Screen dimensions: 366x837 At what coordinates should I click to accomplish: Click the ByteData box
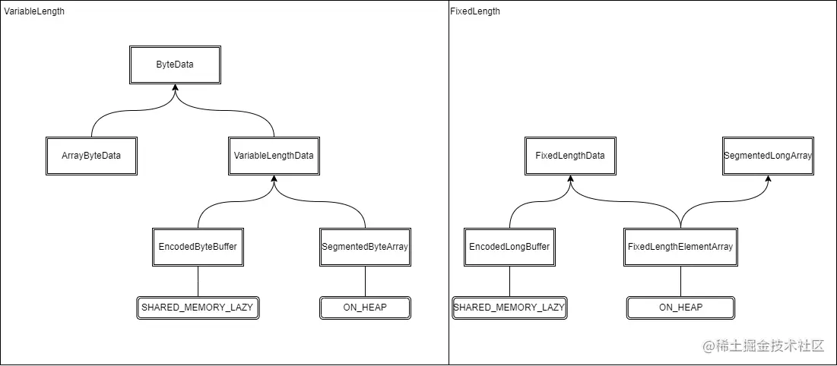click(175, 65)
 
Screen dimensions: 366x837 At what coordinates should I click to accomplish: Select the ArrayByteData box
click(91, 156)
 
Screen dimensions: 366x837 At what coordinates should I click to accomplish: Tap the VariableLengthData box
click(274, 156)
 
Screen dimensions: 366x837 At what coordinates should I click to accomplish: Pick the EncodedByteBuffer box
click(198, 247)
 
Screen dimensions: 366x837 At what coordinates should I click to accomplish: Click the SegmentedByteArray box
click(365, 247)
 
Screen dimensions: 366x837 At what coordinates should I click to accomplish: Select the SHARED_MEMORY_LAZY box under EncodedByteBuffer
click(198, 308)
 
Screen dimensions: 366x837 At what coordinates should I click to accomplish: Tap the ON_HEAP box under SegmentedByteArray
click(365, 308)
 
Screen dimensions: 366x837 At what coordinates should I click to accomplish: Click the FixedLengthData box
click(570, 156)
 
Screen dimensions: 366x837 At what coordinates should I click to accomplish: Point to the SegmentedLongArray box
click(769, 156)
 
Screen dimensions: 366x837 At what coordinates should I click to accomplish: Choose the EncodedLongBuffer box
click(509, 247)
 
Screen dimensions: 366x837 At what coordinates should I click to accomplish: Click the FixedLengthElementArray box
click(680, 247)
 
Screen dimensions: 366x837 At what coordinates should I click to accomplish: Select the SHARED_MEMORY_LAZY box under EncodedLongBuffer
click(509, 308)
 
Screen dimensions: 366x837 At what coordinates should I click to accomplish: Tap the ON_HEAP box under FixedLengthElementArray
click(680, 308)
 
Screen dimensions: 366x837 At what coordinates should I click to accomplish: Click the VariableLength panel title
click(34, 11)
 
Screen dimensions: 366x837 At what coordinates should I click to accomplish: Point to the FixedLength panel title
click(475, 11)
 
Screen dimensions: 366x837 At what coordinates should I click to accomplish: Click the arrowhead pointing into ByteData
click(175, 88)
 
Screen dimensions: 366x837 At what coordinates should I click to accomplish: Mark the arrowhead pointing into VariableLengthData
click(274, 179)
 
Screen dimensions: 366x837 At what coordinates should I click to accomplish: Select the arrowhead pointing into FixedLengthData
click(570, 179)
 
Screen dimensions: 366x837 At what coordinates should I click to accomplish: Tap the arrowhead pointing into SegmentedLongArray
click(769, 179)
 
